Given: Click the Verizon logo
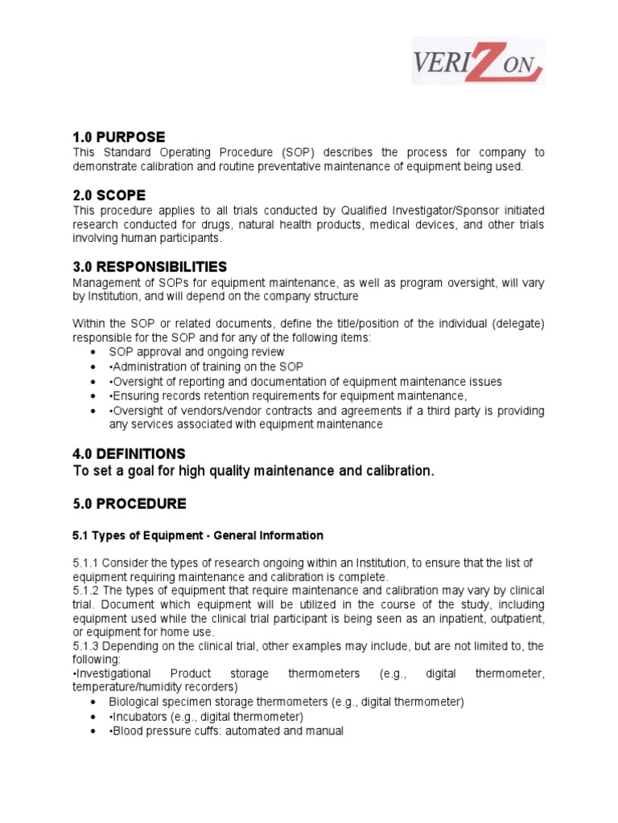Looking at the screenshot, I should [478, 61].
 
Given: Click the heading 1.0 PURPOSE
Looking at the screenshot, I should [118, 137].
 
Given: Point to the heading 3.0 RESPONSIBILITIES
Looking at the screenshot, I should [150, 267].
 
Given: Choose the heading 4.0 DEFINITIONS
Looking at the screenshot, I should [129, 454].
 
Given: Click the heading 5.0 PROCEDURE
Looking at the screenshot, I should [129, 504].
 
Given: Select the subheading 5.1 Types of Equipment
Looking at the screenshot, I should [198, 535].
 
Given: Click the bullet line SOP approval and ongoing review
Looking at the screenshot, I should [196, 352].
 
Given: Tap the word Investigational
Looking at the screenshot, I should [113, 674].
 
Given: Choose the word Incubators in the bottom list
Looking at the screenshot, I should [141, 716].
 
